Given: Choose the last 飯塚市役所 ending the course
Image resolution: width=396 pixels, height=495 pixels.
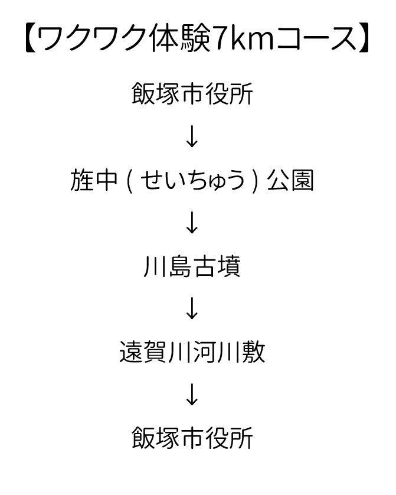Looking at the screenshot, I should pyautogui.click(x=192, y=438).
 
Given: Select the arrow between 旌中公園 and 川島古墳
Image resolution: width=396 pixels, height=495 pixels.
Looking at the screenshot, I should pyautogui.click(x=192, y=223).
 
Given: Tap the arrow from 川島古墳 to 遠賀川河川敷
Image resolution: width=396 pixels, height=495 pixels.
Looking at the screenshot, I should pyautogui.click(x=192, y=309).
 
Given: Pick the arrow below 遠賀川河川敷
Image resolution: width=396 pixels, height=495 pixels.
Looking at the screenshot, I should pyautogui.click(x=192, y=395).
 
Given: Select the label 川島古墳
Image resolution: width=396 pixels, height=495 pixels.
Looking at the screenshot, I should pyautogui.click(x=192, y=266).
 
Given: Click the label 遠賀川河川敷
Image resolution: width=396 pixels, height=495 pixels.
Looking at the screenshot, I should pyautogui.click(x=192, y=353).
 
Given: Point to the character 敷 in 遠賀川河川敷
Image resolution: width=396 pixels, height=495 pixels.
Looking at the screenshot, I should pyautogui.click(x=254, y=353).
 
